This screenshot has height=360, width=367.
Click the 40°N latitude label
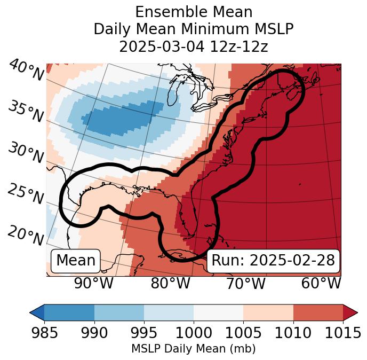coord(26,71)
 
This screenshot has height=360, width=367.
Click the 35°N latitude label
coord(26,112)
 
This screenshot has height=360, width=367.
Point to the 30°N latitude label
coord(26,153)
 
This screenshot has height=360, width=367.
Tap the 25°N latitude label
coord(26,194)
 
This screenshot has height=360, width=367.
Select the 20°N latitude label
coord(26,234)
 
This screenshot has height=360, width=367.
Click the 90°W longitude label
coord(93,283)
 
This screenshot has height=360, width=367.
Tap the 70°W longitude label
coord(245,283)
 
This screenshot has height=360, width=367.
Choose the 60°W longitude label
coord(321,283)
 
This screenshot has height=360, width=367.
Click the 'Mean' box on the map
coord(76,261)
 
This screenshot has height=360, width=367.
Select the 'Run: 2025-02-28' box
coord(273,261)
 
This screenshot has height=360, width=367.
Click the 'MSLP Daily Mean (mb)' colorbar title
coord(193,349)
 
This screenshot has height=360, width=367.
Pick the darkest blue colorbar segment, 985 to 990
coord(69,312)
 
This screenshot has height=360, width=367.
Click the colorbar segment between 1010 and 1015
coord(318,312)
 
